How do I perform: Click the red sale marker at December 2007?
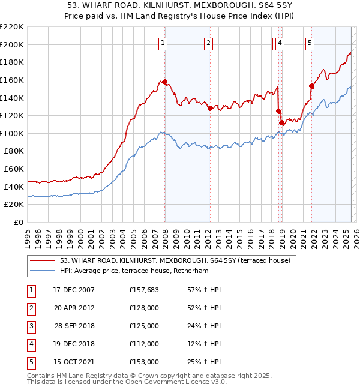pyautogui.click(x=164, y=82)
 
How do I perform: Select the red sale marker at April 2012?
pyautogui.click(x=211, y=109)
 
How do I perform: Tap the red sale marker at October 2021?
pyautogui.click(x=311, y=86)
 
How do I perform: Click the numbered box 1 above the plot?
pyautogui.click(x=163, y=43)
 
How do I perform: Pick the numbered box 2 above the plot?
pyautogui.click(x=208, y=43)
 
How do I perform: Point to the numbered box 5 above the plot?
pyautogui.click(x=310, y=43)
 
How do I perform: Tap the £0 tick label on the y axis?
pyautogui.click(x=18, y=222)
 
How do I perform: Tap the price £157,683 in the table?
pyautogui.click(x=144, y=290)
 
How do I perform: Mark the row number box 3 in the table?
pyautogui.click(x=31, y=326)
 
